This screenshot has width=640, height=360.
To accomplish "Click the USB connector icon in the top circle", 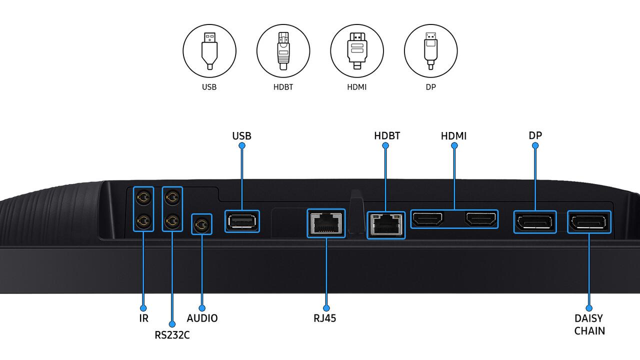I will point(209,50).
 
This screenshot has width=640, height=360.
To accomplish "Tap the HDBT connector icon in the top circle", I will point(283,50).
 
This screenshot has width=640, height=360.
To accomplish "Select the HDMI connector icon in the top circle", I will point(357,50).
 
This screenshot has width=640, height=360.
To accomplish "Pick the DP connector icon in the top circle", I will point(430,50).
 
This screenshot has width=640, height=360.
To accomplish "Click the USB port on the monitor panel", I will point(242,221).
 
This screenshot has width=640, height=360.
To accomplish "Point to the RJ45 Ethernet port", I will point(326,223).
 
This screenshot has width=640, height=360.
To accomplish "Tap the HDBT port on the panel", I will point(385,225).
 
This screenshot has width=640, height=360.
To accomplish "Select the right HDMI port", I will point(481,219).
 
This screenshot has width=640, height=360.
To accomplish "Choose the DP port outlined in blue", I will point(535,222).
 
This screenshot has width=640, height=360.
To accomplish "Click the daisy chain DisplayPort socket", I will point(588,222).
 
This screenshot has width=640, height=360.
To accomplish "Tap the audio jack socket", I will point(202,224).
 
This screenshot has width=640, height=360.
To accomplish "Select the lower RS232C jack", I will point(172,219).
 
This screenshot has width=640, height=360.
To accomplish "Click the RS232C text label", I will point(172,335).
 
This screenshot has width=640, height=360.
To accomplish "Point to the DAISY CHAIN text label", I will point(589,324).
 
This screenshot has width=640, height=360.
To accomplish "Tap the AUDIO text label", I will point(202,318).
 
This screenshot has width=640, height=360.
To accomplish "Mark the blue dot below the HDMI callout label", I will point(454,145).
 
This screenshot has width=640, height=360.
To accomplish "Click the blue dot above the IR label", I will point(143,308).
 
